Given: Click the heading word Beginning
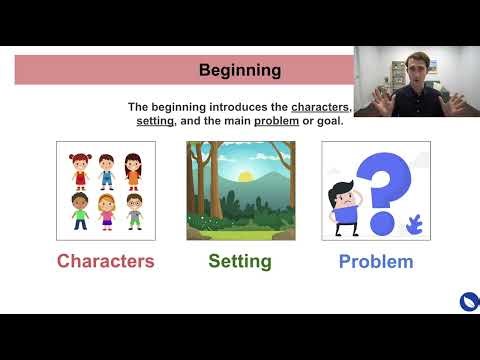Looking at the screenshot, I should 239,70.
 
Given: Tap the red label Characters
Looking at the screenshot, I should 106,262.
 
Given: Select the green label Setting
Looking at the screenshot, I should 239,262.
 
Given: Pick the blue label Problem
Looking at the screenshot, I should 375,262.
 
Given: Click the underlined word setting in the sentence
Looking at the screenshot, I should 155,121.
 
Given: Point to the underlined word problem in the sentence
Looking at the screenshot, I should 273,121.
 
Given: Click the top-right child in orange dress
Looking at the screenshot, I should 133,171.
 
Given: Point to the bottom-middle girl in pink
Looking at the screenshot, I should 107,213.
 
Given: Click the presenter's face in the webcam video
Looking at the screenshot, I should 412,74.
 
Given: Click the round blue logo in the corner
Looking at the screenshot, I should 467,301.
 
